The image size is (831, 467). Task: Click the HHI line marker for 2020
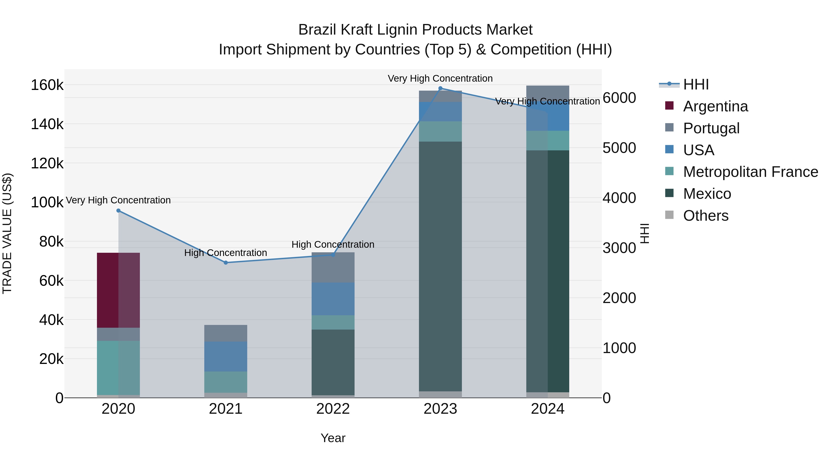[x=118, y=211]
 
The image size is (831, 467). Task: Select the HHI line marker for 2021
[x=226, y=263]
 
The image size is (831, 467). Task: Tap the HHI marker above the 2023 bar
[x=440, y=88]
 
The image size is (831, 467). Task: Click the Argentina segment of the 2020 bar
[x=118, y=290]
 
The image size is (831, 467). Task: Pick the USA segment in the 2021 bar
[x=226, y=357]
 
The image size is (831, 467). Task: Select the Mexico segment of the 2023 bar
[x=440, y=266]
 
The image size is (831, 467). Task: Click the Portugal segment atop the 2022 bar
[x=333, y=268]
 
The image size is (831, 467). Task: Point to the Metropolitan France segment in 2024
[x=548, y=140]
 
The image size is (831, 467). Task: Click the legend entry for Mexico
[x=707, y=194]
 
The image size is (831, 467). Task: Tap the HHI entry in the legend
[x=696, y=84]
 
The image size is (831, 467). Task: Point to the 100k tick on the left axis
[x=47, y=202]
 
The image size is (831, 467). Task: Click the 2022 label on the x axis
[x=333, y=409]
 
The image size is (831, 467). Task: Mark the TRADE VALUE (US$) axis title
[x=7, y=233]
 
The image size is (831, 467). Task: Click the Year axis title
[x=333, y=438]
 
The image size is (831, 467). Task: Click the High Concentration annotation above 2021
[x=226, y=253]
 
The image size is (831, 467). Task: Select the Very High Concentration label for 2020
[x=118, y=200]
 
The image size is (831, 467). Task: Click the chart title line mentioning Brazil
[x=415, y=30]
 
